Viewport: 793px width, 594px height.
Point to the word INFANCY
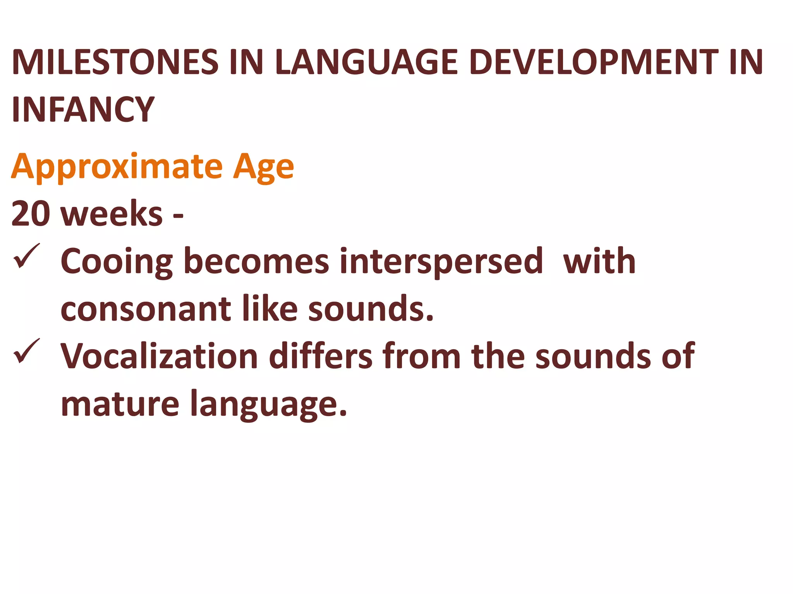coord(83,109)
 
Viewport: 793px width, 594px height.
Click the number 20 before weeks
coord(31,214)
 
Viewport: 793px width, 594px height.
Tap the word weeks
coord(112,214)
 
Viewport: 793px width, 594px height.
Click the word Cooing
coord(117,262)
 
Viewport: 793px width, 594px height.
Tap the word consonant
coord(146,309)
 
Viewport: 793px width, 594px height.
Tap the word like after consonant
coord(270,309)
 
